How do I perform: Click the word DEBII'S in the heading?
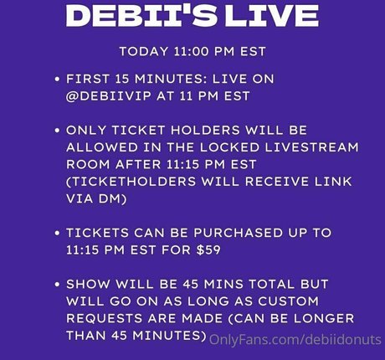click(x=141, y=16)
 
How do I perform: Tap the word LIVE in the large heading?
click(x=272, y=16)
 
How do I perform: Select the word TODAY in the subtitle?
click(x=144, y=52)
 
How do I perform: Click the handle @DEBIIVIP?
click(x=109, y=96)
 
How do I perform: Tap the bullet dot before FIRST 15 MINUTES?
click(x=58, y=80)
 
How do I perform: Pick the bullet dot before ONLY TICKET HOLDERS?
click(x=58, y=131)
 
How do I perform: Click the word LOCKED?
click(x=229, y=147)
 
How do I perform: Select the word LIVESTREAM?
click(x=312, y=147)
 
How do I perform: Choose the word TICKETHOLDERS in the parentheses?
click(x=131, y=182)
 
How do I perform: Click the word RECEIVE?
click(x=277, y=182)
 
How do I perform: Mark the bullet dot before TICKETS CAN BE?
click(x=58, y=233)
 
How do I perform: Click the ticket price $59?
click(x=208, y=249)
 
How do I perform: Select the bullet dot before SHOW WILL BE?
click(x=58, y=285)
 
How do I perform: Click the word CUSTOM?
click(x=288, y=301)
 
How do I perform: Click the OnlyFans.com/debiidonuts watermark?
click(x=295, y=340)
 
